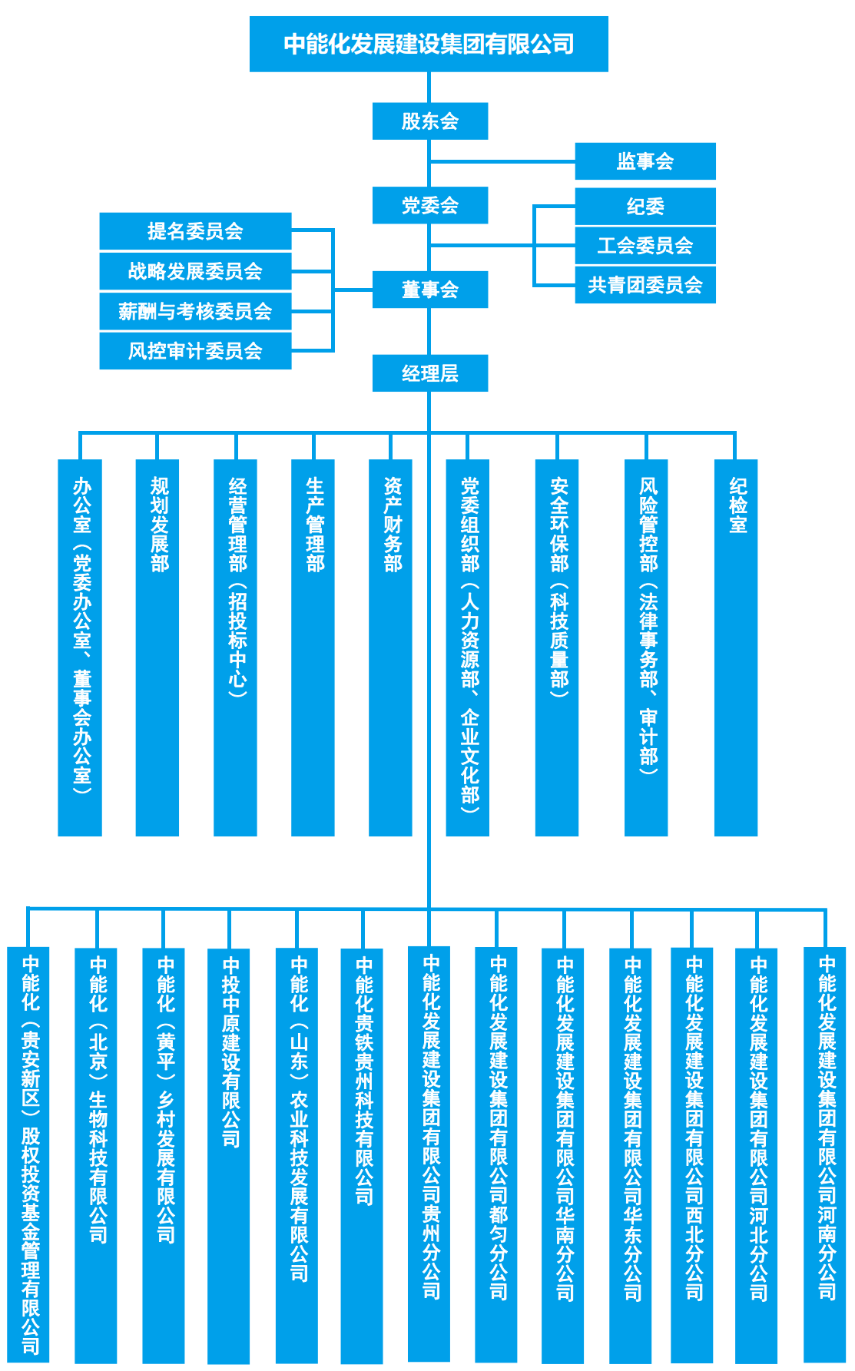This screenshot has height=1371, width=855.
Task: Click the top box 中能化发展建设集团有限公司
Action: click(429, 44)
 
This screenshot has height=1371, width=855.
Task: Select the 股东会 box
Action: click(430, 121)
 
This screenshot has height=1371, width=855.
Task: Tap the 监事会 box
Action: click(645, 161)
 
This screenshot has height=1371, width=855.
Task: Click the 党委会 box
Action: click(430, 205)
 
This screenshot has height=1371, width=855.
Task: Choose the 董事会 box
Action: click(430, 290)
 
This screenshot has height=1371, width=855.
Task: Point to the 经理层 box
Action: click(430, 373)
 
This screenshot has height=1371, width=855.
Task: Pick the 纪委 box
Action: click(645, 207)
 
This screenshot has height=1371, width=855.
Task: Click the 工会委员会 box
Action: click(645, 246)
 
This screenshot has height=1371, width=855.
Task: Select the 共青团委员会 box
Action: click(645, 285)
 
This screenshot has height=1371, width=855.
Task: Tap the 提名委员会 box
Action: click(195, 231)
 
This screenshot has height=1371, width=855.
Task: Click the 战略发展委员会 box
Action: click(195, 271)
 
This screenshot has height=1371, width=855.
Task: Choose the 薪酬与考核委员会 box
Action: click(195, 311)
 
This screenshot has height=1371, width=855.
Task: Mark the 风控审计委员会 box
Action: click(195, 351)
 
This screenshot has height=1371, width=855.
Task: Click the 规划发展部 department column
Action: click(157, 647)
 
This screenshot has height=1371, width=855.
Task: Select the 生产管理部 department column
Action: click(313, 647)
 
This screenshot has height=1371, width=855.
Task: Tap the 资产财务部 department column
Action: click(390, 647)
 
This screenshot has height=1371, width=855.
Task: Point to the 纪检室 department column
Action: click(736, 647)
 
